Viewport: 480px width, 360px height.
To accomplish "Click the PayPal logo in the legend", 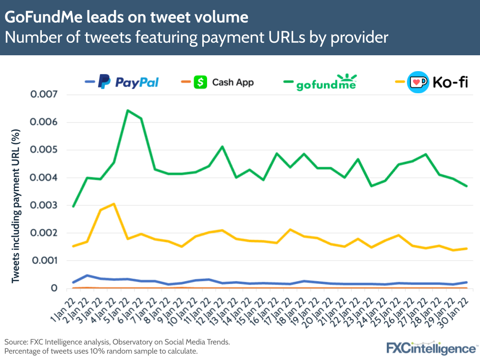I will click(128, 82).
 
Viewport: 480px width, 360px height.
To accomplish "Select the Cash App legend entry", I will click(223, 82).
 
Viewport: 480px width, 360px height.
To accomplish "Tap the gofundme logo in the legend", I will click(326, 83).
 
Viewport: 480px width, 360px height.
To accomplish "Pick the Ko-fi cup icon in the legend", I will click(417, 83).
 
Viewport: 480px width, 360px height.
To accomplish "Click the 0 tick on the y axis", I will click(54, 288).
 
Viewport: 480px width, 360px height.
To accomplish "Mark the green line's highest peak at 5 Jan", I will click(127, 111).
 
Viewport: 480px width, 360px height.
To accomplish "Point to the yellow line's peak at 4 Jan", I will click(113, 204).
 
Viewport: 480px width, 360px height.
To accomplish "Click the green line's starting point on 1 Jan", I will click(73, 206).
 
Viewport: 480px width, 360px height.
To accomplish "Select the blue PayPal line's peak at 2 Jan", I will click(86, 275).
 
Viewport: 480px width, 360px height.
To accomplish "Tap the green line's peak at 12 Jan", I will click(222, 147).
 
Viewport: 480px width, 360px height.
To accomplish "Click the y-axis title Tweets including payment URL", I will click(16, 205).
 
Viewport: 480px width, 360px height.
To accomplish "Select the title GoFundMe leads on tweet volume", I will click(126, 17).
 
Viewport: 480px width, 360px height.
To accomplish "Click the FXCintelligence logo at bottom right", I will click(432, 348).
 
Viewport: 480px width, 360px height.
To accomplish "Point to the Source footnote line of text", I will click(117, 342).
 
